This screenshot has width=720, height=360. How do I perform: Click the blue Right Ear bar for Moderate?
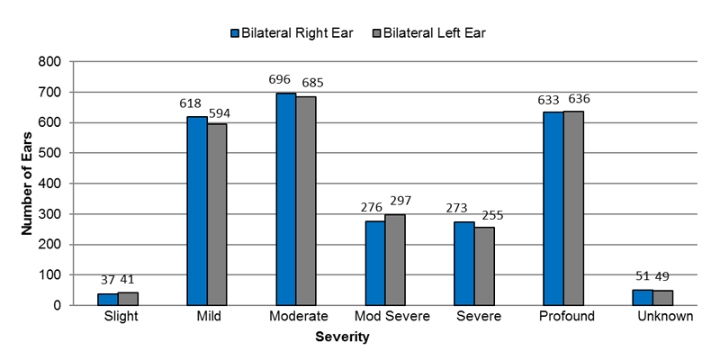[285, 199]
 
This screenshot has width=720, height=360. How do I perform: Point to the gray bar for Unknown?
[662, 297]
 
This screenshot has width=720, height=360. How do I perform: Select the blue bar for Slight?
[107, 299]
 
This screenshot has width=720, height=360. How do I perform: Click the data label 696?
[281, 80]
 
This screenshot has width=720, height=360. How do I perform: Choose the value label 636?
[579, 98]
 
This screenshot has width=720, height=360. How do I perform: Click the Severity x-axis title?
[342, 338]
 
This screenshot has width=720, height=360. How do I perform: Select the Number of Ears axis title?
[27, 183]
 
